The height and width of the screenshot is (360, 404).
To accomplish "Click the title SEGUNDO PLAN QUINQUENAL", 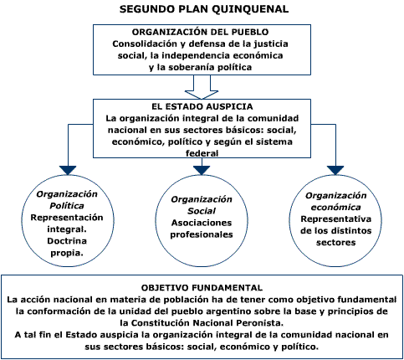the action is pos(204,9).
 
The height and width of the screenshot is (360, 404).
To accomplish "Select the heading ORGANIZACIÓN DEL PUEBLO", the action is pos(200,32).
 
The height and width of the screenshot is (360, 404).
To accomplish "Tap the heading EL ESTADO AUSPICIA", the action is pos(202,106).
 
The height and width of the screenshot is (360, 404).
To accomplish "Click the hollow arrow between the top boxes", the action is pos(202,87).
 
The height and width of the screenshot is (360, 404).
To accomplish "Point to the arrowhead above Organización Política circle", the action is pos(68,170).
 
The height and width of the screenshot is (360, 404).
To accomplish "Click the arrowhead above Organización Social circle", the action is pos(202,170).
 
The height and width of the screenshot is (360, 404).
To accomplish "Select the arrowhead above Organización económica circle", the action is pos(335,170).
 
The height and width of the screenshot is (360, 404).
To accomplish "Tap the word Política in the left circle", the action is pos(67,206).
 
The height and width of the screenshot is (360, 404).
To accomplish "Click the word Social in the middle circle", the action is pos(202,211).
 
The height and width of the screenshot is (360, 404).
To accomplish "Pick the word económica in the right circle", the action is pos(335,208).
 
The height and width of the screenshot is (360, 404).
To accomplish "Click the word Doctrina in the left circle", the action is pos(67,241).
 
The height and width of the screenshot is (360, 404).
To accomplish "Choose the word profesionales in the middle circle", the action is pos(202,234).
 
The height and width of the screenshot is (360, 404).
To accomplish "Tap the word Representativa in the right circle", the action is pos(335,219).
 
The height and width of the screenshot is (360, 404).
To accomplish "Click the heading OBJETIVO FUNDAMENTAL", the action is pos(202,288).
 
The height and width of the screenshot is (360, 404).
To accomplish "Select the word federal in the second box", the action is pos(202,153).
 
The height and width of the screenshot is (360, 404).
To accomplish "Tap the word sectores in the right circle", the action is pos(335,243).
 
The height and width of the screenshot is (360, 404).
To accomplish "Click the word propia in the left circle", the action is pos(66,253).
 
